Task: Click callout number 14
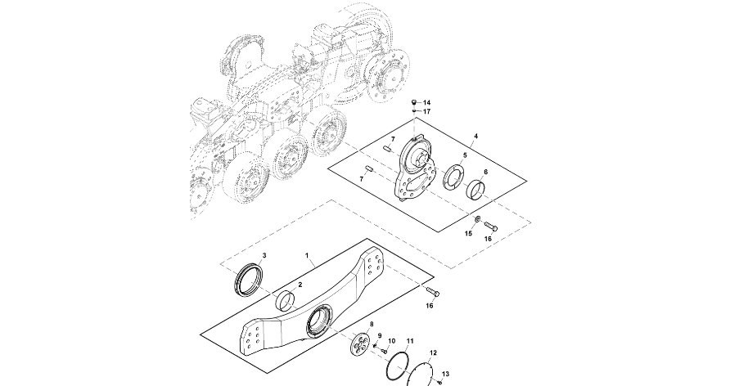(x=427, y=102)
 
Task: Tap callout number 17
(x=427, y=111)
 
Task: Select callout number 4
(x=475, y=136)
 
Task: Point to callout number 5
(x=465, y=155)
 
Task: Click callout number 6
(x=485, y=172)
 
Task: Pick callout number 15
(x=469, y=233)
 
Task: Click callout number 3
(x=264, y=255)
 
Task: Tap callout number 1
(x=307, y=256)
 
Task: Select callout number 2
(x=300, y=284)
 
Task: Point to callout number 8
(x=372, y=324)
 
